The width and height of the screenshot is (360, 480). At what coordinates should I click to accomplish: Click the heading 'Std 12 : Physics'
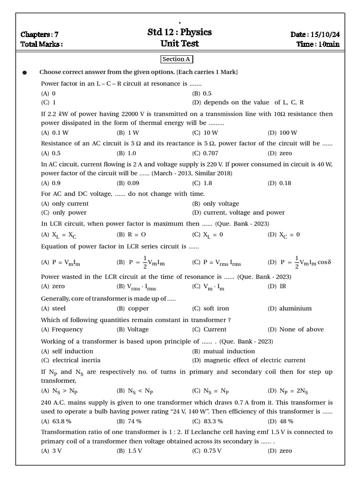(x=180, y=32)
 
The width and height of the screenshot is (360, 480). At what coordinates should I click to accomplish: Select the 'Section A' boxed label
(x=177, y=60)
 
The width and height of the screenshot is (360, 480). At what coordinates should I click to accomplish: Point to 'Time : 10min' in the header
(x=318, y=45)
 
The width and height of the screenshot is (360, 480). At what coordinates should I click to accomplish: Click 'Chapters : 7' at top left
(x=39, y=35)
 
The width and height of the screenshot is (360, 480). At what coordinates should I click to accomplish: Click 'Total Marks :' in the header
(x=42, y=45)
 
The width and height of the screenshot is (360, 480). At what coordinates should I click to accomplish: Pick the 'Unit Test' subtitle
(x=180, y=44)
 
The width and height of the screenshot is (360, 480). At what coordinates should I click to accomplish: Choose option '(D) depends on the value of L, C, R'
(x=248, y=102)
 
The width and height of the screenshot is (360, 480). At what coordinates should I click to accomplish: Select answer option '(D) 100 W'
(x=282, y=133)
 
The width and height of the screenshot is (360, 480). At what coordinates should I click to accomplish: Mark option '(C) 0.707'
(x=205, y=153)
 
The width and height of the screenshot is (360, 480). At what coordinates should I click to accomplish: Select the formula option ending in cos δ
(x=299, y=262)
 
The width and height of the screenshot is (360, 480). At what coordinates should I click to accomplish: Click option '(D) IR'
(x=277, y=286)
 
